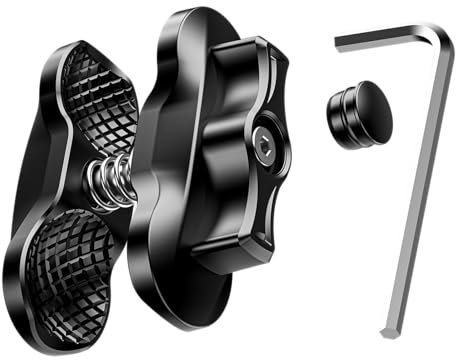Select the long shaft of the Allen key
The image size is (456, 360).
415,190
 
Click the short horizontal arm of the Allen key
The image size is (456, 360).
385,38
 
